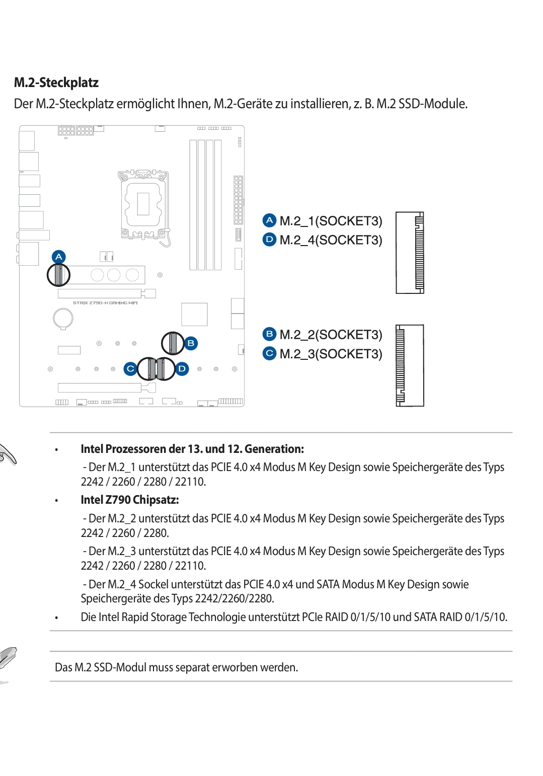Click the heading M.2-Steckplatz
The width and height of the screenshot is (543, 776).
56,83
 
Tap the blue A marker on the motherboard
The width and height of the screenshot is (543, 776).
59,257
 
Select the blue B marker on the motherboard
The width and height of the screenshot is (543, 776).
191,343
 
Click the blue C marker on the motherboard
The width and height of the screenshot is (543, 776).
130,368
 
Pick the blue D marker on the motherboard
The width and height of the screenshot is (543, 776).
182,368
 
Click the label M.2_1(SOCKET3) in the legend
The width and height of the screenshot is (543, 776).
331,221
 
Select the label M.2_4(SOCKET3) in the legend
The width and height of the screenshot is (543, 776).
331,240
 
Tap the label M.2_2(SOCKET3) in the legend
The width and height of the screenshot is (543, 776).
331,335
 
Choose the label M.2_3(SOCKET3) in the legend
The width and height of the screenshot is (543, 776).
331,354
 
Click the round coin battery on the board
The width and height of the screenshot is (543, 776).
63,318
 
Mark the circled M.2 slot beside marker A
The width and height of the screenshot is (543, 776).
58,275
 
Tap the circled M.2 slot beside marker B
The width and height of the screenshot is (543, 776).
173,343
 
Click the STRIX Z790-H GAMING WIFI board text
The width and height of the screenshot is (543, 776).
105,303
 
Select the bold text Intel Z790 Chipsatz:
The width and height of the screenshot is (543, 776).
130,500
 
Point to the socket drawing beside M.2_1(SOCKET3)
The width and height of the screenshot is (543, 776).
410,253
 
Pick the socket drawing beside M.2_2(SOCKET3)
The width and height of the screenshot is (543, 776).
410,365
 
